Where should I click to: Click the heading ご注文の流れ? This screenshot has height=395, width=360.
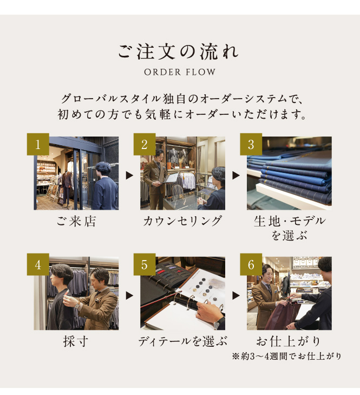pyautogui.click(x=179, y=52)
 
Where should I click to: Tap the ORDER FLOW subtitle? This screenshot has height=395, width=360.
pyautogui.click(x=180, y=72)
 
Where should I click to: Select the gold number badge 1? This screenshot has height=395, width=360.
pyautogui.click(x=38, y=144)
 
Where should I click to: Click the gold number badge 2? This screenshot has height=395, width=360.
pyautogui.click(x=145, y=144)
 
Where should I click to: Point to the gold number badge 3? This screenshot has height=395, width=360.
pyautogui.click(x=251, y=144)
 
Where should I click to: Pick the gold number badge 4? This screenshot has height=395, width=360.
pyautogui.click(x=38, y=264)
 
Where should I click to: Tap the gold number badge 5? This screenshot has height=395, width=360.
pyautogui.click(x=145, y=264)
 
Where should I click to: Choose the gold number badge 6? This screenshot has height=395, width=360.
pyautogui.click(x=251, y=264)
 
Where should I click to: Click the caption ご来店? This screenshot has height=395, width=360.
pyautogui.click(x=76, y=222)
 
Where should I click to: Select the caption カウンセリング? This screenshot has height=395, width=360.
pyautogui.click(x=182, y=221)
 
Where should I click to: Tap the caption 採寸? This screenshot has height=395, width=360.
pyautogui.click(x=76, y=341)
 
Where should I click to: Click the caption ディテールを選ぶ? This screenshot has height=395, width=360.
pyautogui.click(x=182, y=341)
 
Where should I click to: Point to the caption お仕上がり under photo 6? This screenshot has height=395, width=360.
pyautogui.click(x=289, y=341)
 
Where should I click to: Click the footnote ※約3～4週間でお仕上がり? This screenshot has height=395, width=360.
pyautogui.click(x=287, y=356)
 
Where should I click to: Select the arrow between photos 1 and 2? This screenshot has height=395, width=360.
pyautogui.click(x=129, y=176)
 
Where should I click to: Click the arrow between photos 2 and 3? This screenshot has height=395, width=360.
pyautogui.click(x=236, y=176)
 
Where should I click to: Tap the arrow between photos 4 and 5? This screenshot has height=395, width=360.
pyautogui.click(x=129, y=295)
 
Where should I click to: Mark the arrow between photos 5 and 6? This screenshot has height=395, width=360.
pyautogui.click(x=236, y=295)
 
